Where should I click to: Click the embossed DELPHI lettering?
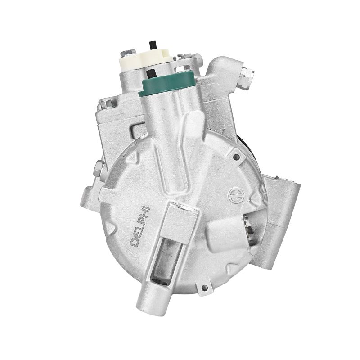coord(140,226)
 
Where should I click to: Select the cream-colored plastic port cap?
coord(145,60)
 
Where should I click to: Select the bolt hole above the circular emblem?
coord(236,157)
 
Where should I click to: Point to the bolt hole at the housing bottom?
coord(204,288)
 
